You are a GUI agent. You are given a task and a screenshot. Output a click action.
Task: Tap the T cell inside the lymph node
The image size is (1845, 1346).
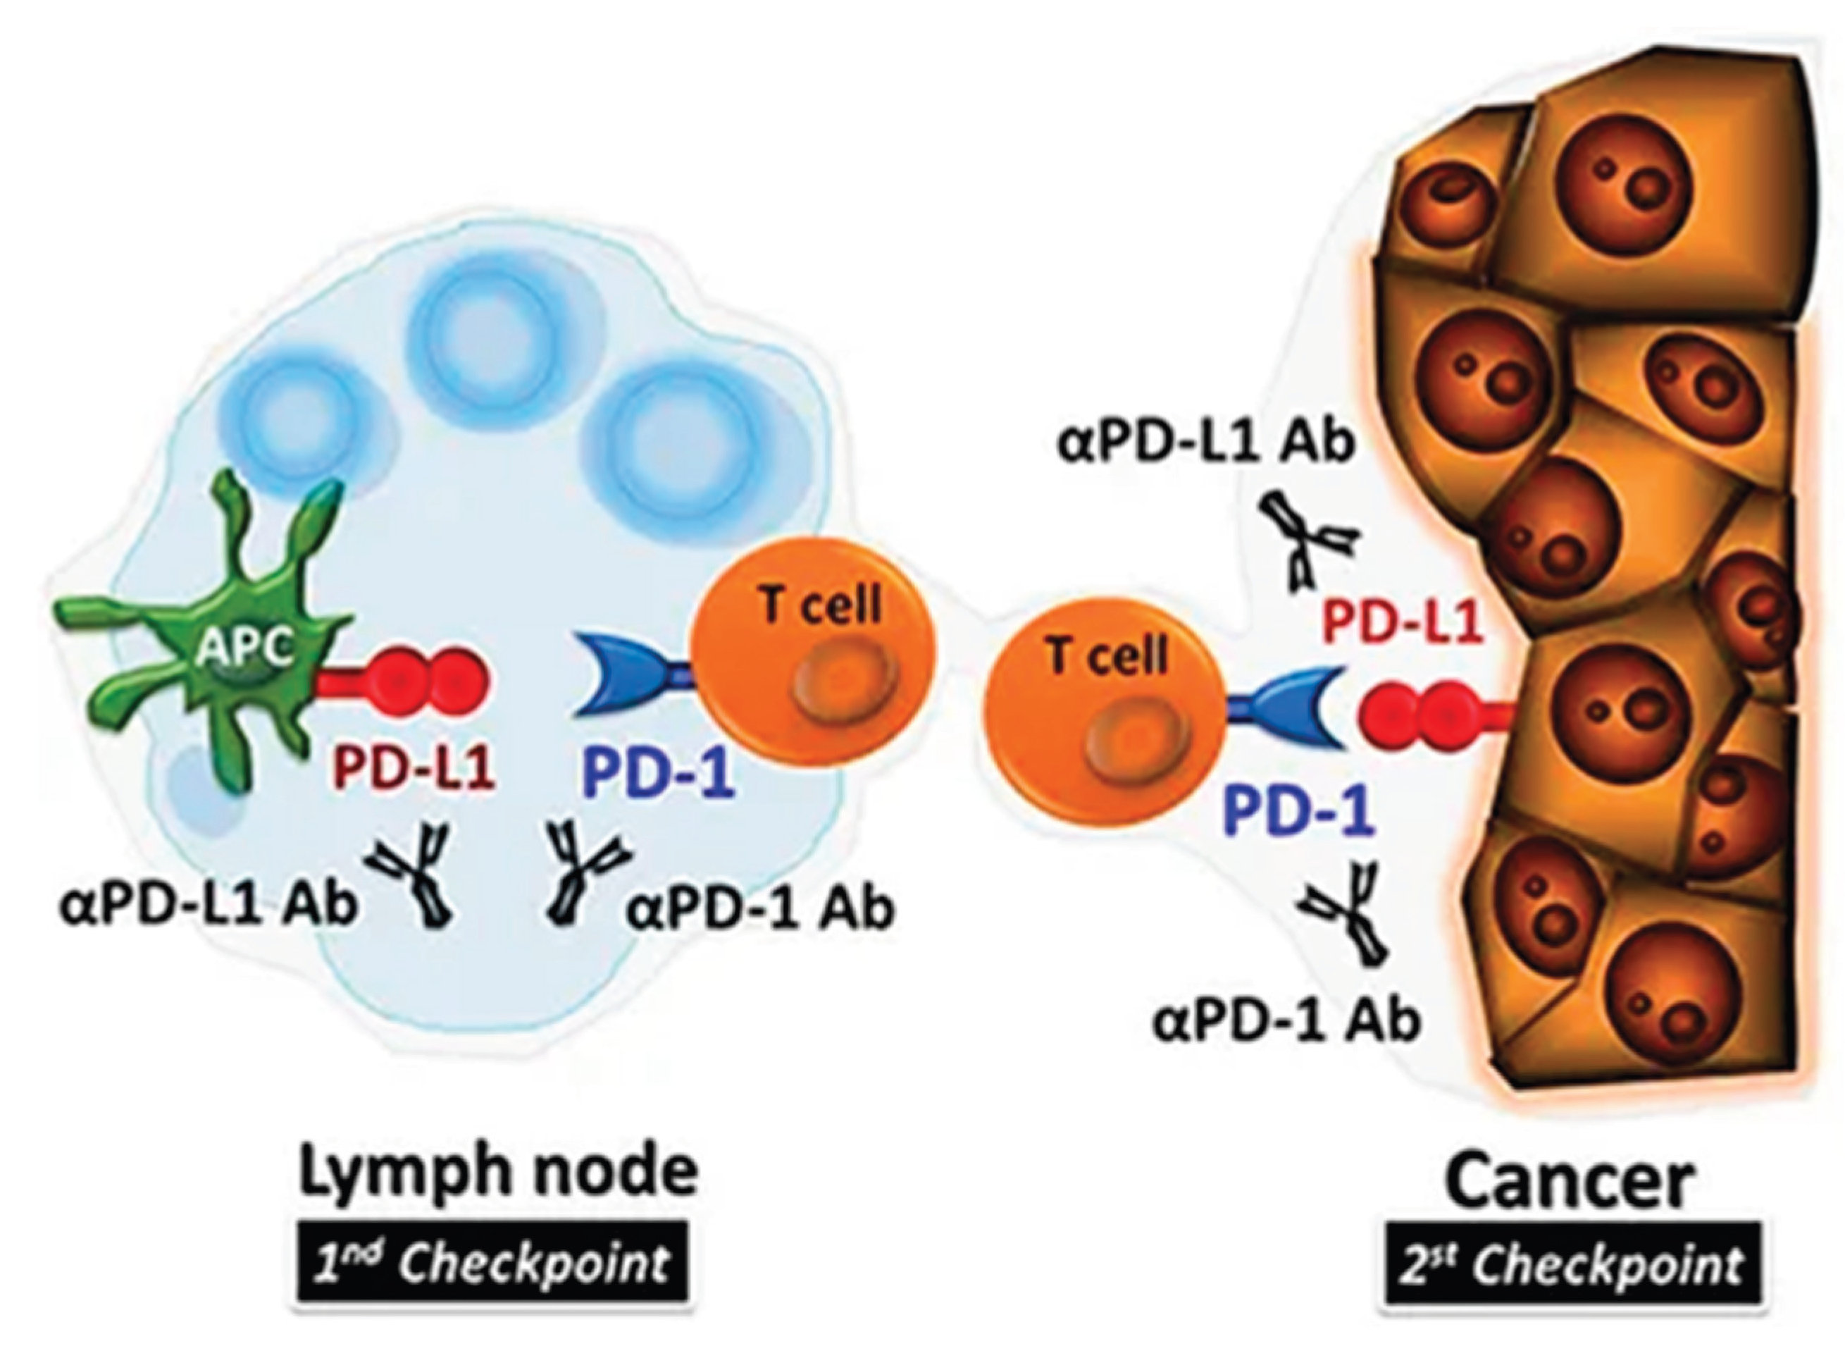pos(813,652)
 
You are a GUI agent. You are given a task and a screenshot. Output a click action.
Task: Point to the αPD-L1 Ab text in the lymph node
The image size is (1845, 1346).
pos(208,904)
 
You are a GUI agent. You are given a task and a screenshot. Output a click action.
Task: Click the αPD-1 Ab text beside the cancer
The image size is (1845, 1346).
pos(1286,1020)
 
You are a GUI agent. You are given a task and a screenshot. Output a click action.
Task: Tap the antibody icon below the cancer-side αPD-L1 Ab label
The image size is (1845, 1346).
pos(1308,542)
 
